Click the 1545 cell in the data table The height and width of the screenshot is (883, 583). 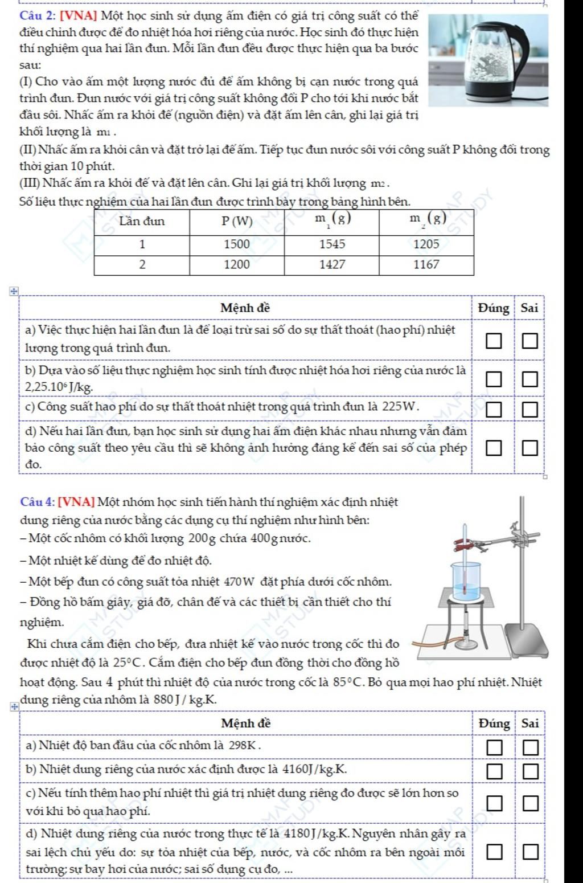click(332, 244)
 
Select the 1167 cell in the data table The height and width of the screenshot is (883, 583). click(426, 264)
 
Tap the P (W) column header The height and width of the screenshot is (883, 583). click(237, 222)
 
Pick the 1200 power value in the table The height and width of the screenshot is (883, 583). click(237, 264)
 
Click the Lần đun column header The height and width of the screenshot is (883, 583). click(142, 222)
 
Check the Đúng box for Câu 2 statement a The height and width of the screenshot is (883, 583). click(494, 341)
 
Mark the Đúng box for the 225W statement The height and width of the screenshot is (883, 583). click(494, 409)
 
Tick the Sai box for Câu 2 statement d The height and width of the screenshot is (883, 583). click(530, 448)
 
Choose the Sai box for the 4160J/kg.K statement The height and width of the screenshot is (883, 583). click(530, 771)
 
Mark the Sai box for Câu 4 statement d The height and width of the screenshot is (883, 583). click(530, 853)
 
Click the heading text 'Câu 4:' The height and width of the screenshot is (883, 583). click(37, 502)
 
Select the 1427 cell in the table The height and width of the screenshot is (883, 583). click(332, 264)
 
